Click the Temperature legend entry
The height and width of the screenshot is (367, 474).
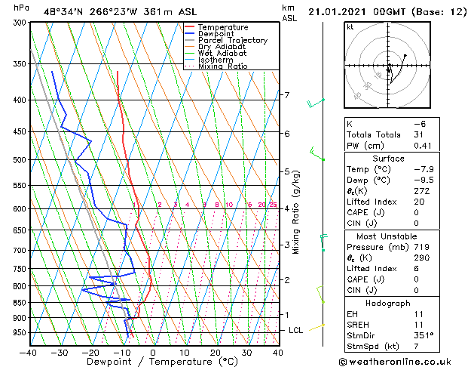point(222,27)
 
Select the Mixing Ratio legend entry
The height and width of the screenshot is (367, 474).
point(222,66)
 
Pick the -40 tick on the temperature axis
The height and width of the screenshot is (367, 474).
point(29,352)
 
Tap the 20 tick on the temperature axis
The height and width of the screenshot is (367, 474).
point(216,352)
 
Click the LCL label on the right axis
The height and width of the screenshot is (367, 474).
point(296,330)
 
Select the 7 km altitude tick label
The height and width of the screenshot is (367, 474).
point(286,95)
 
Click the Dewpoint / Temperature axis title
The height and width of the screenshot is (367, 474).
point(153,362)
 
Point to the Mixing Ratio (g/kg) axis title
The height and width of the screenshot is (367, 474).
point(296,211)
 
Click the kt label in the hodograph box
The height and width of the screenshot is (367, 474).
point(350,27)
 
